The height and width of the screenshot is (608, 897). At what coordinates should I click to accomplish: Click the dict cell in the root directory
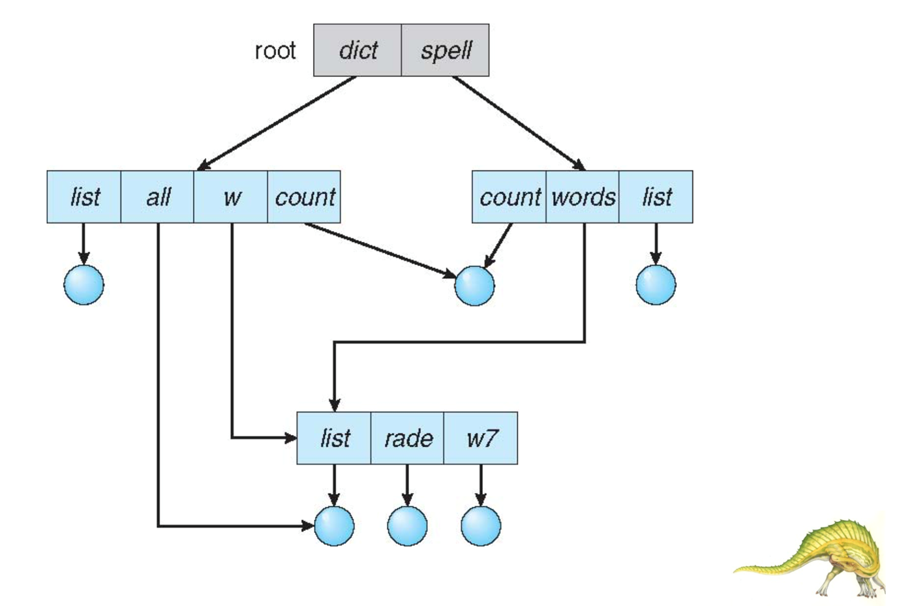click(357, 50)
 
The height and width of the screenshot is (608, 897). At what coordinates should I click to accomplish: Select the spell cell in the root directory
click(445, 50)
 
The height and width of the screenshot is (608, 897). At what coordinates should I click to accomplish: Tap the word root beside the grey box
click(275, 50)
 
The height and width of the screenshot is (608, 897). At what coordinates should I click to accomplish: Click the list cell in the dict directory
click(84, 196)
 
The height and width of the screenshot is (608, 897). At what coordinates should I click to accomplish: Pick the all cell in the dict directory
click(157, 196)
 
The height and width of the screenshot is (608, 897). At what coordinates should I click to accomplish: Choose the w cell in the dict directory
click(231, 196)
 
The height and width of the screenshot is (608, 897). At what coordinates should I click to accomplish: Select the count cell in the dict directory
click(304, 196)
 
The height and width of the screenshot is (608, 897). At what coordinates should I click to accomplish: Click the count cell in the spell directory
click(509, 196)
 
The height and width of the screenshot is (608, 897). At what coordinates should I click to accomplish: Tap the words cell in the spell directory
click(583, 196)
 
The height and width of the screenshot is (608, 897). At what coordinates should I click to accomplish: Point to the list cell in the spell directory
click(656, 196)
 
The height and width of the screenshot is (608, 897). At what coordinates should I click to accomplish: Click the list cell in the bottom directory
click(334, 438)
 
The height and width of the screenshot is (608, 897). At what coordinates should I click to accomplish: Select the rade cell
click(408, 438)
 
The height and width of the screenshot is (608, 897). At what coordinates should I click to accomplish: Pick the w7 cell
click(481, 438)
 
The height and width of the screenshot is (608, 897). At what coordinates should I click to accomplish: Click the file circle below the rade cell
click(407, 526)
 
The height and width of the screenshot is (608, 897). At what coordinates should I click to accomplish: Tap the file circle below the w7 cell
click(481, 526)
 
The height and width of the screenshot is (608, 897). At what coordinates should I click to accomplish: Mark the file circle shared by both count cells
click(474, 286)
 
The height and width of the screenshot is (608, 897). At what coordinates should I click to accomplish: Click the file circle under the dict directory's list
click(84, 284)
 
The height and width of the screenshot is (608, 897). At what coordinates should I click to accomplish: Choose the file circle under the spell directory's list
click(656, 284)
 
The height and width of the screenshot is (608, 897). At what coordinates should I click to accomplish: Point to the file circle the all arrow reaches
click(334, 526)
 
